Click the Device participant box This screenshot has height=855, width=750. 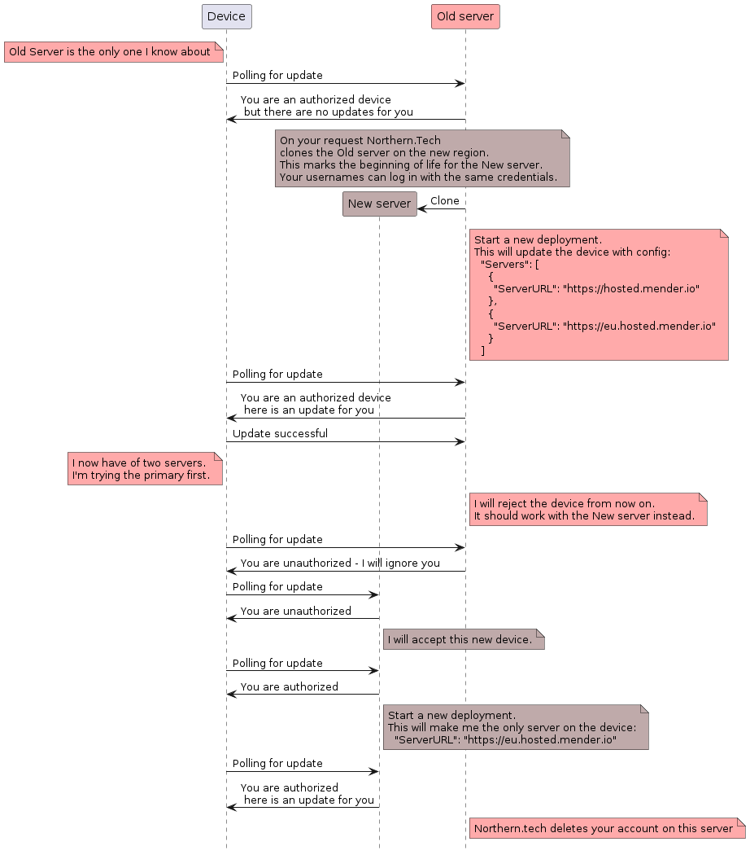point(226,16)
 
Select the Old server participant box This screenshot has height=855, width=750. point(464,16)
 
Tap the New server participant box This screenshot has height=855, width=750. point(379,204)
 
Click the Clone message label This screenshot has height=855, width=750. point(444,201)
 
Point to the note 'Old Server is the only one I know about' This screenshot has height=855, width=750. point(113,52)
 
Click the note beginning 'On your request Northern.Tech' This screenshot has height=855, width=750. point(421,158)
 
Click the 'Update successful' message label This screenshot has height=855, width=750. point(280,434)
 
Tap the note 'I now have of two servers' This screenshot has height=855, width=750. point(144,469)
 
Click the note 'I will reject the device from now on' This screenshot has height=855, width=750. point(586,509)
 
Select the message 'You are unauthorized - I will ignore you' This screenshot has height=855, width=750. point(340,563)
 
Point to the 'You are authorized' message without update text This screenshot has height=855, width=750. point(289,686)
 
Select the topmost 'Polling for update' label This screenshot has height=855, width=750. point(277,75)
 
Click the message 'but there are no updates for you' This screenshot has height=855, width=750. point(328,112)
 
